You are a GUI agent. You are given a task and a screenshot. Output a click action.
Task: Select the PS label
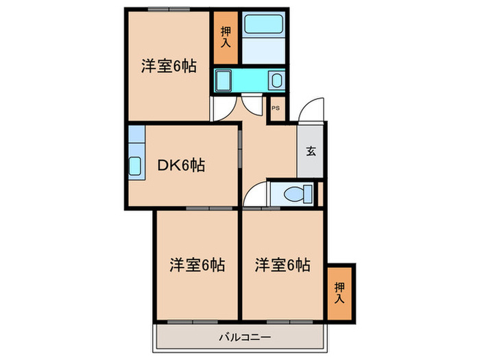pos(276,108)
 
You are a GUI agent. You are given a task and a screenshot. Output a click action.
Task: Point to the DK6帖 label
pos(181,165)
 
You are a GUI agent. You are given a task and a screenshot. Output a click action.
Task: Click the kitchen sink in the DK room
pos(135,166)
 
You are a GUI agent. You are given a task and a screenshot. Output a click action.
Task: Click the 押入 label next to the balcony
pos(339,292)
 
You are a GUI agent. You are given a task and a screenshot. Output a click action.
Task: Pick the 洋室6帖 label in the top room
pos(169,67)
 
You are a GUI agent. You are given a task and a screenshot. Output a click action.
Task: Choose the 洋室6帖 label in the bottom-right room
pos(283,264)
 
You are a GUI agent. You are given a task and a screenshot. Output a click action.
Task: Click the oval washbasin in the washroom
pos(276,81)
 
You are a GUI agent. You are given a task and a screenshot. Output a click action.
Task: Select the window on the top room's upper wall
pos(169,9)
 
